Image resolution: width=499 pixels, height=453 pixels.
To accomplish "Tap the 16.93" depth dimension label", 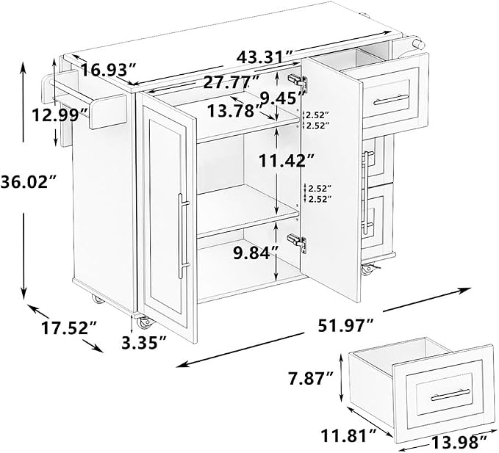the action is click(107, 70).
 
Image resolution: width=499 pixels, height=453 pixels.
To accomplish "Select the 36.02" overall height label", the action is click(29, 183).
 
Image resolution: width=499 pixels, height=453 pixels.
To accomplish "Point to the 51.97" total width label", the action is click(345, 325).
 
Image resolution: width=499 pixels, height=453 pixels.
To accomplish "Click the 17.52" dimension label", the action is click(69, 327).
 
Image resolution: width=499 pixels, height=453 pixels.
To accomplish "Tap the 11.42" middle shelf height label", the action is click(287, 161).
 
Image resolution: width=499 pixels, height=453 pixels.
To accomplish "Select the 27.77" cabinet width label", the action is click(231, 83).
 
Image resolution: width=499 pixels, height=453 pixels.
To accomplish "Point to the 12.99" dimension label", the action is click(60, 115).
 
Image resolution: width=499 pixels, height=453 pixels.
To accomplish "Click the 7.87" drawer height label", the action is click(311, 379).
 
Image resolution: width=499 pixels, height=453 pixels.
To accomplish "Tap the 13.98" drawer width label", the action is click(459, 442).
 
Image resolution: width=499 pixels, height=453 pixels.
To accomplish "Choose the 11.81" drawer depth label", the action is click(349, 435).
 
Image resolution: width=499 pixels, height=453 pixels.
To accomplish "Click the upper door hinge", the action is click(298, 81).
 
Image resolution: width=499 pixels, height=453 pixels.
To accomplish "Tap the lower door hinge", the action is click(297, 242).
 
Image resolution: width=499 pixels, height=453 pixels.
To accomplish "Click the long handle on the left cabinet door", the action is click(182, 236).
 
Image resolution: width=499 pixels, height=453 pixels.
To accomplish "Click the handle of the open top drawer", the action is click(391, 99).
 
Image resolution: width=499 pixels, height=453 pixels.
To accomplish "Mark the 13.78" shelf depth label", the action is click(235, 111).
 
